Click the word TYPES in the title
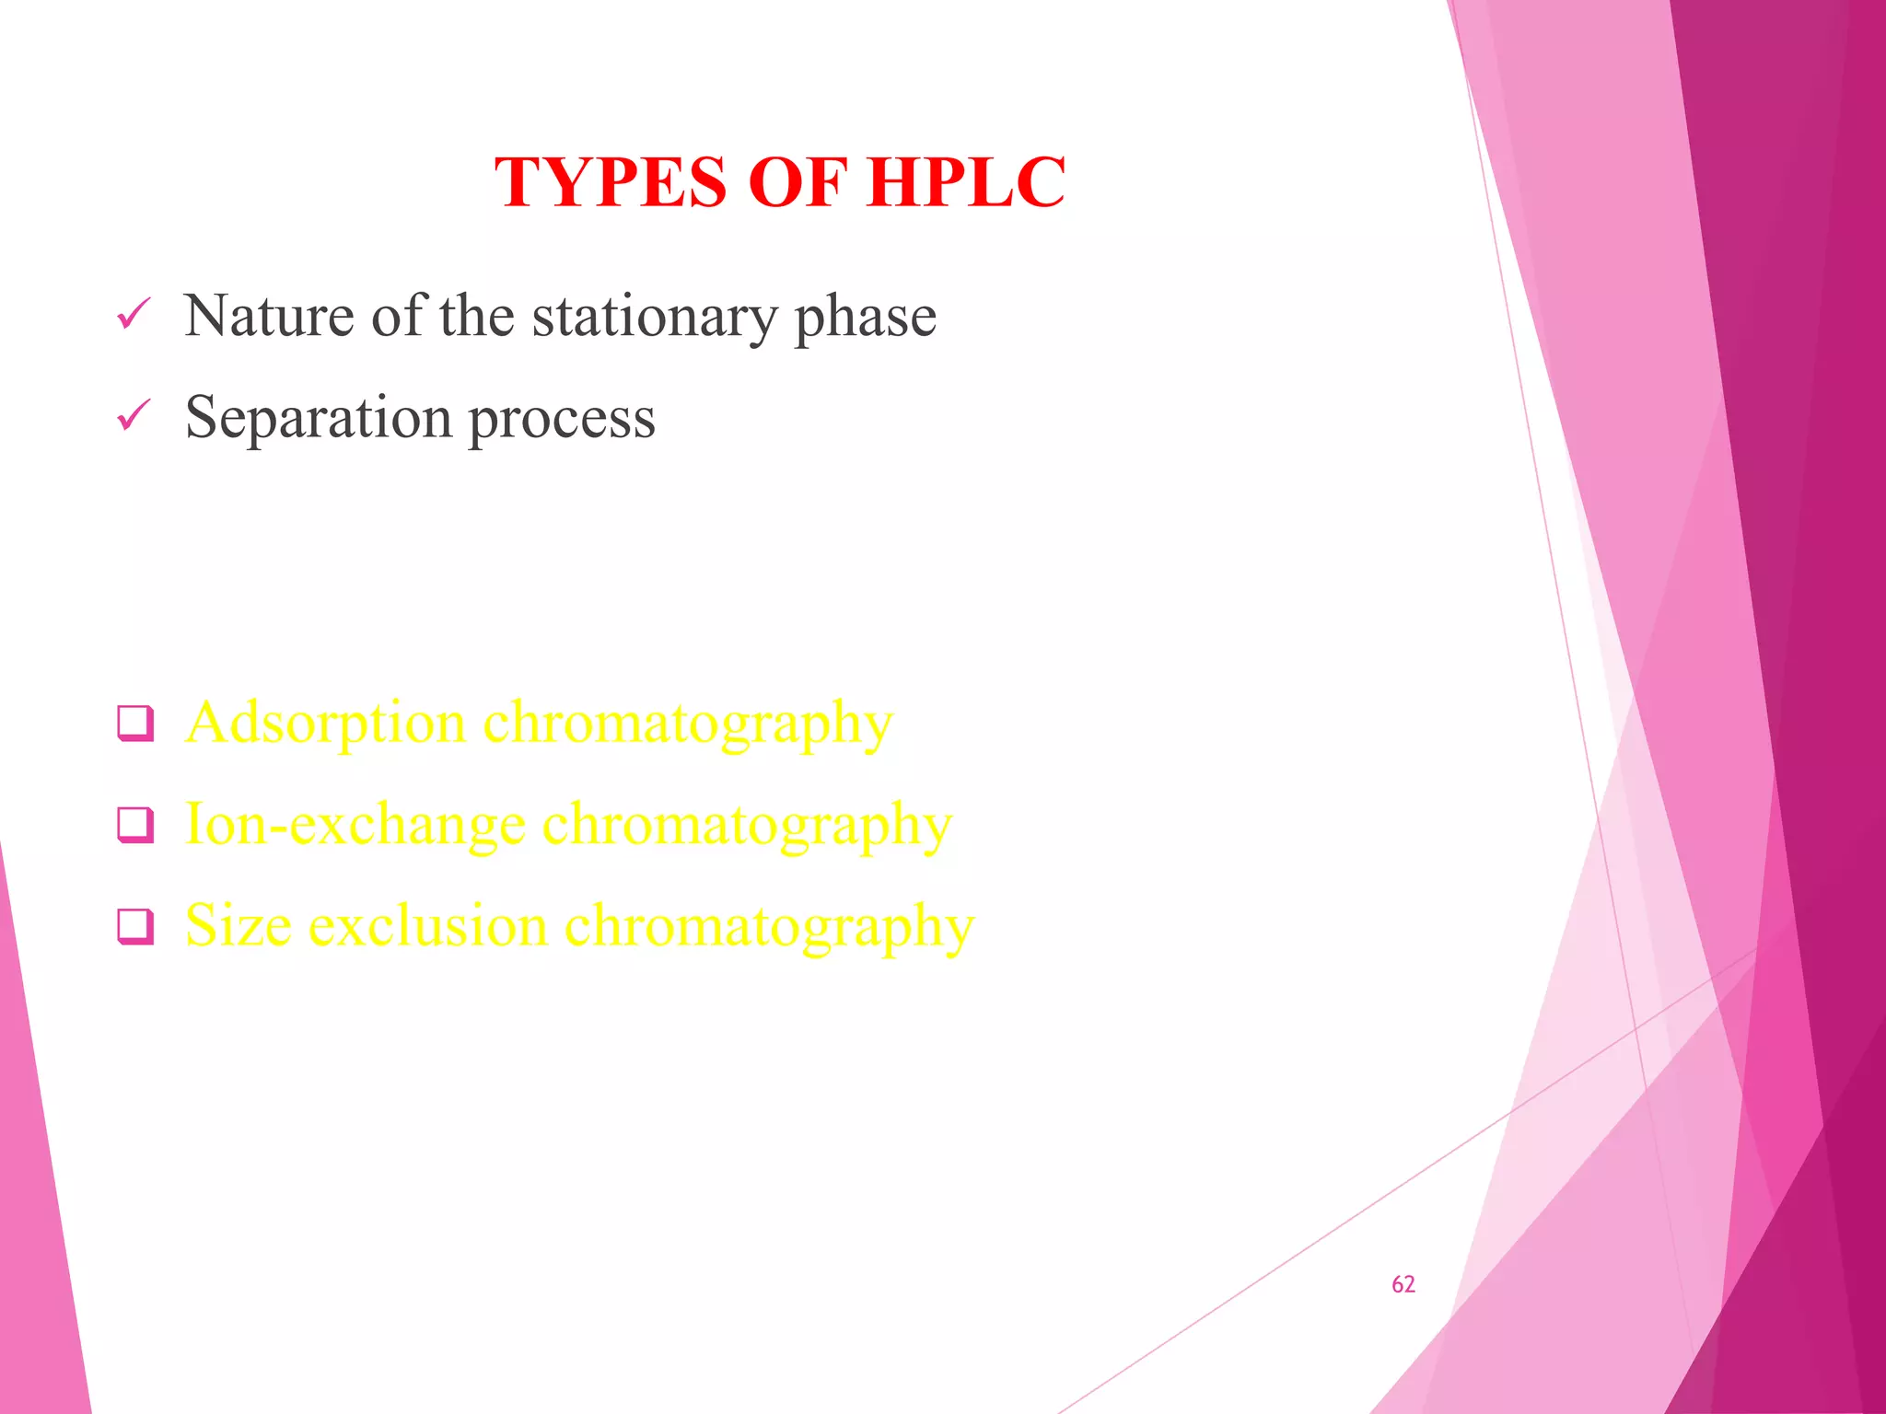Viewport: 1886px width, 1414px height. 611,182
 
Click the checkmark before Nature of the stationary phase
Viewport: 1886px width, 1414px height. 134,315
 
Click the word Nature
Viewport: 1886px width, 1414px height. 269,316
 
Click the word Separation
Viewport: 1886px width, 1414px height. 318,417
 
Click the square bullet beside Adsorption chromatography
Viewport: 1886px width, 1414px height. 135,724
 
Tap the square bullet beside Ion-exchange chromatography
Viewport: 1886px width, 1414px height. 135,825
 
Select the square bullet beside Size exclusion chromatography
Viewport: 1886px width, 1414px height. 135,926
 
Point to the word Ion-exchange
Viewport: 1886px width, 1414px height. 355,824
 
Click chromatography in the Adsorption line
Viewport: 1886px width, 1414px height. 688,724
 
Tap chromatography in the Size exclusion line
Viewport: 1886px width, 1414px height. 768,927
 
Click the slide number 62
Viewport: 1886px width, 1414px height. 1403,1284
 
